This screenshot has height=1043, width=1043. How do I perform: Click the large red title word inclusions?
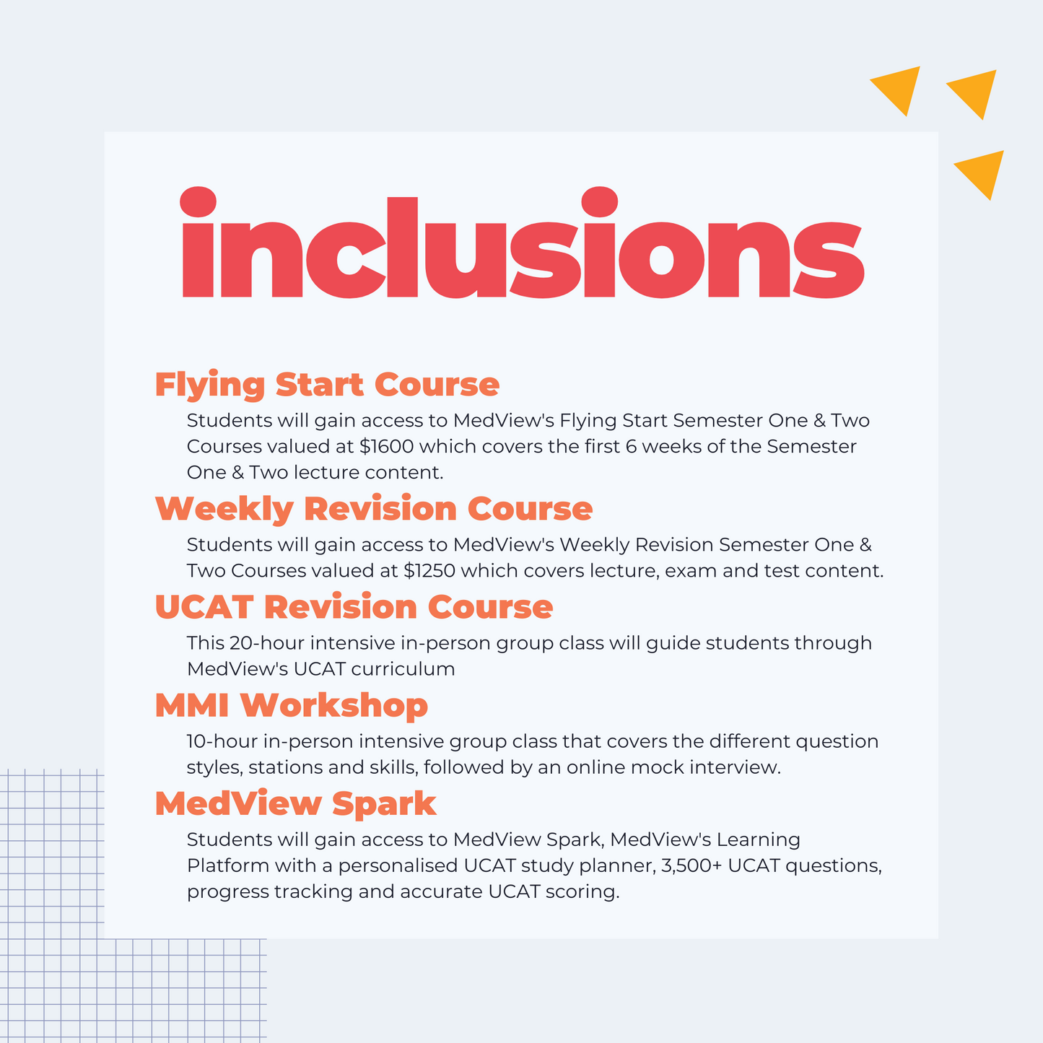pyautogui.click(x=523, y=243)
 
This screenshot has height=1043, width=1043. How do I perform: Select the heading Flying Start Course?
pyautogui.click(x=327, y=385)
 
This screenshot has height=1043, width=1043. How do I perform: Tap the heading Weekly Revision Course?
pyautogui.click(x=374, y=509)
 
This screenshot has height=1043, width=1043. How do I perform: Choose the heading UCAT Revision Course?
pyautogui.click(x=354, y=607)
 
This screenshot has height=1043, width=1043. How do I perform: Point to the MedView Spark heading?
pyautogui.click(x=295, y=803)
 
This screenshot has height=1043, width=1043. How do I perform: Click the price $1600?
pyautogui.click(x=386, y=447)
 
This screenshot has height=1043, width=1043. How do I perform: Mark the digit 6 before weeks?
pyautogui.click(x=631, y=447)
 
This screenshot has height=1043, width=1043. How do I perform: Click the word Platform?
pyautogui.click(x=228, y=866)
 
